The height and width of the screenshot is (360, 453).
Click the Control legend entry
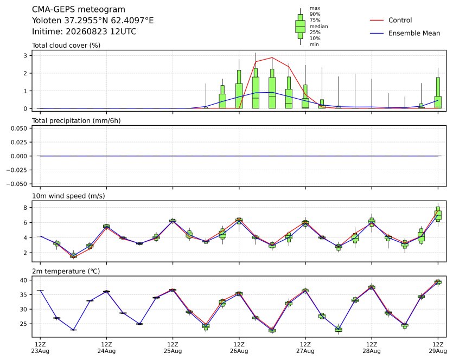(x=391, y=20)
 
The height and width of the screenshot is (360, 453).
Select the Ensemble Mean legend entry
(x=405, y=33)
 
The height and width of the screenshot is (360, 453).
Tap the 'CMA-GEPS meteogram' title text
(x=79, y=10)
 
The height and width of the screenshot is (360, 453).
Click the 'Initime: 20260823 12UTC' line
(x=84, y=31)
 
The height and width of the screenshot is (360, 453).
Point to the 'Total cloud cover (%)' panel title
(x=66, y=46)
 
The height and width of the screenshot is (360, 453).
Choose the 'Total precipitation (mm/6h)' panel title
(x=76, y=121)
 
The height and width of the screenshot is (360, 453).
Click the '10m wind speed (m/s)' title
(x=68, y=196)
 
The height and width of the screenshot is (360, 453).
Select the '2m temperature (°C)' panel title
(x=66, y=272)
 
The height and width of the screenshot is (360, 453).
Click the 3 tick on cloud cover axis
(x=25, y=55)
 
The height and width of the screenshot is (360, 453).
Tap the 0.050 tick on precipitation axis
(x=19, y=128)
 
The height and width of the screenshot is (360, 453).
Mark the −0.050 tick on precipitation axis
(x=17, y=184)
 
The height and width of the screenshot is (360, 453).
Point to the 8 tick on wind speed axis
(x=25, y=208)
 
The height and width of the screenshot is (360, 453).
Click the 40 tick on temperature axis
(x=24, y=280)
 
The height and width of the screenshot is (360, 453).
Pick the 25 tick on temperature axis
(x=24, y=324)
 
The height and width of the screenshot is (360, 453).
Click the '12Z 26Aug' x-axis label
(x=239, y=348)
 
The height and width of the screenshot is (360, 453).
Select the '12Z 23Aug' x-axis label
(x=40, y=348)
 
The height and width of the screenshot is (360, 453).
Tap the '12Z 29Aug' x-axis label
(x=438, y=348)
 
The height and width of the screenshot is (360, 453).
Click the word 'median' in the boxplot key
(x=318, y=26)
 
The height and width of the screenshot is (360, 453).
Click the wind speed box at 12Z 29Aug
(x=438, y=214)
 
